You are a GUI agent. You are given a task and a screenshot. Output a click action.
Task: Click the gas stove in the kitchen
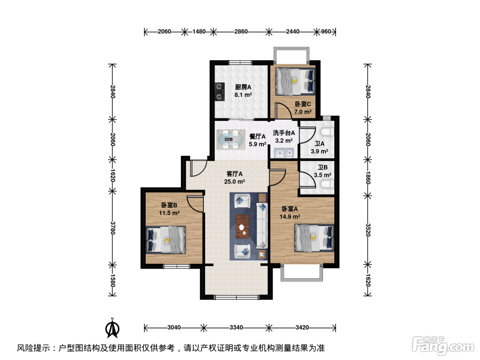click(219, 92)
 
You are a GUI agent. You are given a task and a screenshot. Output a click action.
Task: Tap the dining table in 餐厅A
click(231, 139)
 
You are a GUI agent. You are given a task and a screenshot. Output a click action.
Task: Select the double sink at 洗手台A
click(284, 153)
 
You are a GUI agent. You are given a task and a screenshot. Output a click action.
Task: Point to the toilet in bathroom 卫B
click(327, 184)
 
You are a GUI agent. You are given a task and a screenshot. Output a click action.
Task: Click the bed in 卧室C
click(295, 81)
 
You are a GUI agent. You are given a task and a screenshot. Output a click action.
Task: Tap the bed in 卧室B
click(166, 240)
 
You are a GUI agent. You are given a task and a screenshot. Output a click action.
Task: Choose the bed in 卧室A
click(314, 238)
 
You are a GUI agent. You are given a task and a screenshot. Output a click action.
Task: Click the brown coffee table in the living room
click(242, 226)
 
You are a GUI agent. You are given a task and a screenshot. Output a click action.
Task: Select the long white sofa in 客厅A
click(262, 226)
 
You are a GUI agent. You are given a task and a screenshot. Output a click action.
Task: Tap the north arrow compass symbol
click(112, 328)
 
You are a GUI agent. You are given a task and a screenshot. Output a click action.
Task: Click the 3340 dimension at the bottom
click(236, 327)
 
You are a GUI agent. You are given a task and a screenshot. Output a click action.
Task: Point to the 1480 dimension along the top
click(199, 32)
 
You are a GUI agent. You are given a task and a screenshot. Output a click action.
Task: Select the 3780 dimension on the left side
click(112, 228)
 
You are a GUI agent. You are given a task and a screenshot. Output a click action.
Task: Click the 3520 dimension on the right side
click(368, 230)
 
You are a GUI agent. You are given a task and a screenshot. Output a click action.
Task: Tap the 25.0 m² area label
click(235, 182)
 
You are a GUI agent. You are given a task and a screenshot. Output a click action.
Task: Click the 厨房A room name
click(243, 87)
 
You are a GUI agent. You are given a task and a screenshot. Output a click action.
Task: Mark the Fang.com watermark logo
click(443, 346)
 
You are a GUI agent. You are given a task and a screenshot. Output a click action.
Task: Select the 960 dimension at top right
click(326, 32)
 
